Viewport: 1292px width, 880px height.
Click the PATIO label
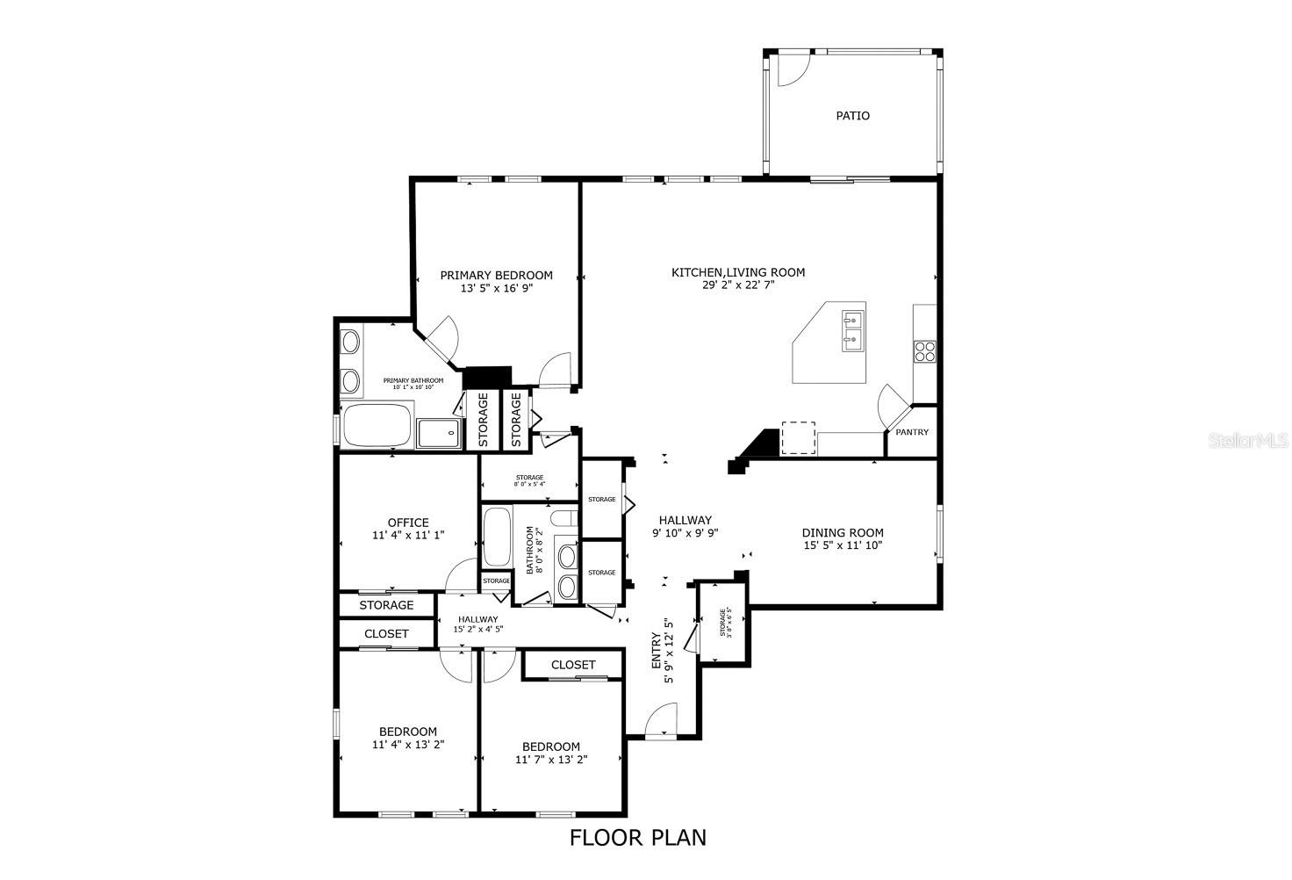[852, 116]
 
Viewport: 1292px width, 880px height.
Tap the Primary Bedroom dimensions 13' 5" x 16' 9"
[496, 288]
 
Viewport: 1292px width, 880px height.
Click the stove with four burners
[925, 351]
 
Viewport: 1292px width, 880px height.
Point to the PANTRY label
[912, 432]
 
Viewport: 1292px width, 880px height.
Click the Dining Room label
[843, 532]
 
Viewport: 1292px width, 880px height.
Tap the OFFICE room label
[408, 523]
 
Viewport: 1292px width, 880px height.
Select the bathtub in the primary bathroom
[377, 425]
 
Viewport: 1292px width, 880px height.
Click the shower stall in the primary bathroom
[437, 433]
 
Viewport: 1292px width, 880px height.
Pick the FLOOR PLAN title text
[638, 838]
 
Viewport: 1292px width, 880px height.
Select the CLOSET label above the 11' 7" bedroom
[573, 665]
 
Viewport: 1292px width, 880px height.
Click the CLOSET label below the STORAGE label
[386, 633]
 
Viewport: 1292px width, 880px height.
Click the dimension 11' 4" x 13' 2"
[408, 744]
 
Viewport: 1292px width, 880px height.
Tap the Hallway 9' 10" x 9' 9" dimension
[685, 532]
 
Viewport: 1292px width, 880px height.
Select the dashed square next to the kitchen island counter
[798, 438]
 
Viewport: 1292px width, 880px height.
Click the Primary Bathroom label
[413, 380]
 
